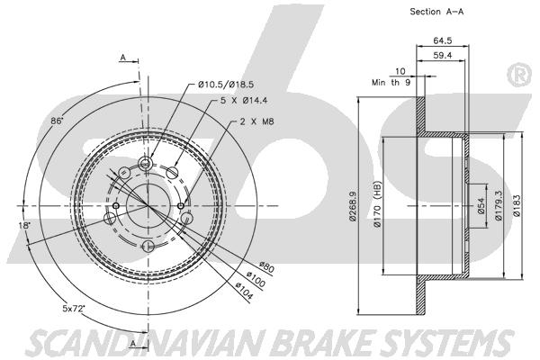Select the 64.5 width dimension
click(441, 40)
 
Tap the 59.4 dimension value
click(441, 55)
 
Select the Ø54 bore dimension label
click(480, 206)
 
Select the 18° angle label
click(25, 225)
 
